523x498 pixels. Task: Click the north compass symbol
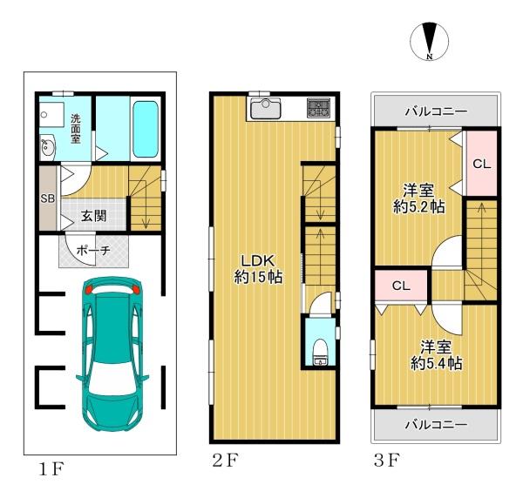click(x=429, y=42)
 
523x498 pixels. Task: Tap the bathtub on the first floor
click(x=146, y=129)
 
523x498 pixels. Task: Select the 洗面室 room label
click(x=76, y=129)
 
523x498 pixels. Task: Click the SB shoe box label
click(x=48, y=199)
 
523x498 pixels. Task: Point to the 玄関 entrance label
click(x=94, y=216)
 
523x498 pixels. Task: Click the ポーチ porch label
click(x=93, y=250)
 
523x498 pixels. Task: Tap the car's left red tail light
click(x=88, y=289)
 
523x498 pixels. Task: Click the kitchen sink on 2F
click(x=266, y=108)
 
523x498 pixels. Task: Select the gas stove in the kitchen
click(x=318, y=108)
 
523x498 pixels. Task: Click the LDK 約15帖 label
click(x=259, y=269)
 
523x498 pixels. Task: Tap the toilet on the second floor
click(x=321, y=352)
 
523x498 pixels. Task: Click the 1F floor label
click(x=51, y=469)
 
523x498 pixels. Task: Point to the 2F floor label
click(x=226, y=461)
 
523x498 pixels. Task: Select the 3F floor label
click(x=387, y=461)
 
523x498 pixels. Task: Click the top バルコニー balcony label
click(x=437, y=111)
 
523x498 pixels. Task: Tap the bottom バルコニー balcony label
click(x=437, y=425)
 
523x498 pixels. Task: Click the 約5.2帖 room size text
click(x=419, y=207)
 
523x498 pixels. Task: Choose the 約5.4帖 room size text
click(x=437, y=363)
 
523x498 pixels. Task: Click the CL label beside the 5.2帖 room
click(x=482, y=164)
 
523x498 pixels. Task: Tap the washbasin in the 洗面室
click(x=48, y=147)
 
